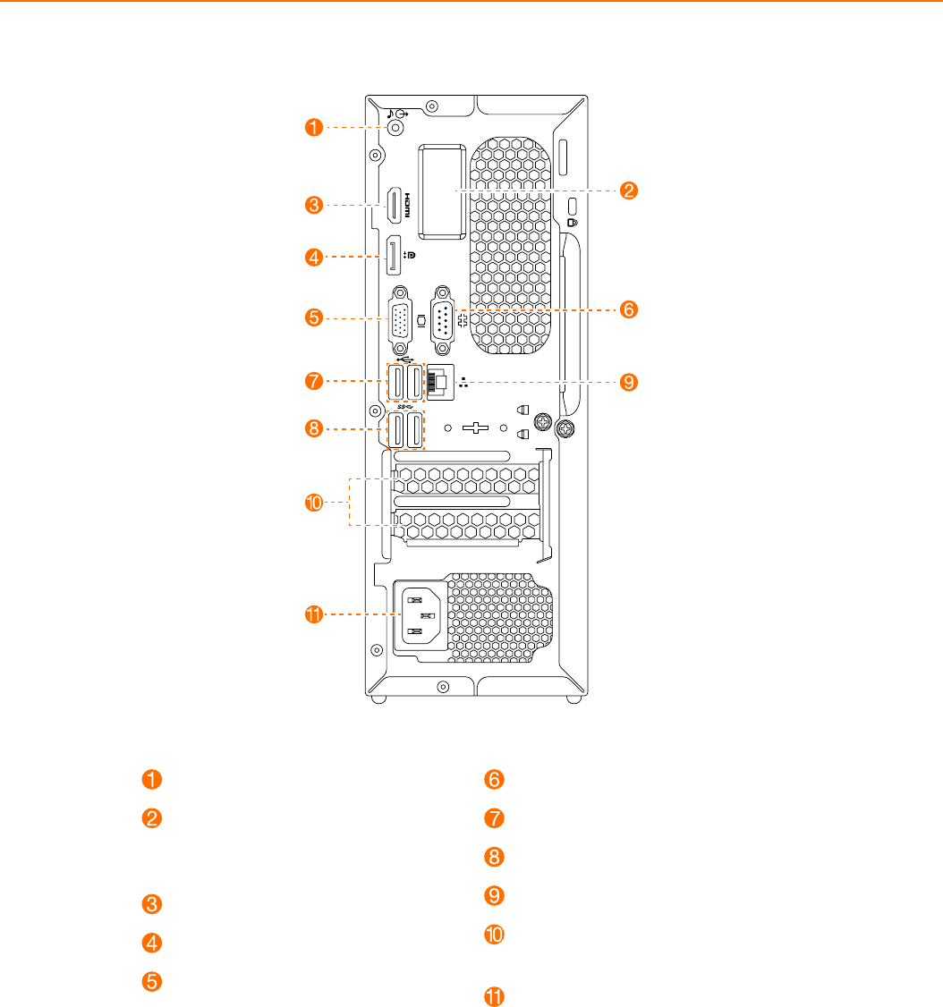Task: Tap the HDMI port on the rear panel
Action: coord(393,207)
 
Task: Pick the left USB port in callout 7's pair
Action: coord(396,383)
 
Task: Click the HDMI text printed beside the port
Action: coord(407,207)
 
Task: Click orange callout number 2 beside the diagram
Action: coord(630,190)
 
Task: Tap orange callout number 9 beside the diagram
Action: coord(630,382)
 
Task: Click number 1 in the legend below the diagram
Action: coord(154,779)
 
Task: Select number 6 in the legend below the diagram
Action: coord(495,779)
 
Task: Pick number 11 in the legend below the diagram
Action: coord(495,997)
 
